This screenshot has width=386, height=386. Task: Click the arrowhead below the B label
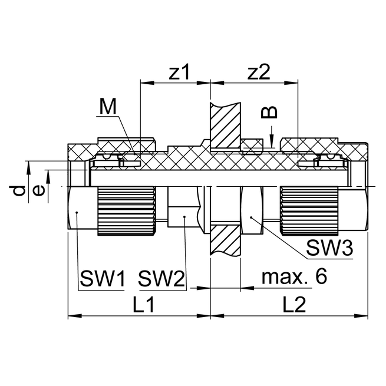pos(270,142)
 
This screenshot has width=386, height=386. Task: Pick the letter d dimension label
pos(19,190)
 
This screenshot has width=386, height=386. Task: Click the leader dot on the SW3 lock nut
pos(251,217)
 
